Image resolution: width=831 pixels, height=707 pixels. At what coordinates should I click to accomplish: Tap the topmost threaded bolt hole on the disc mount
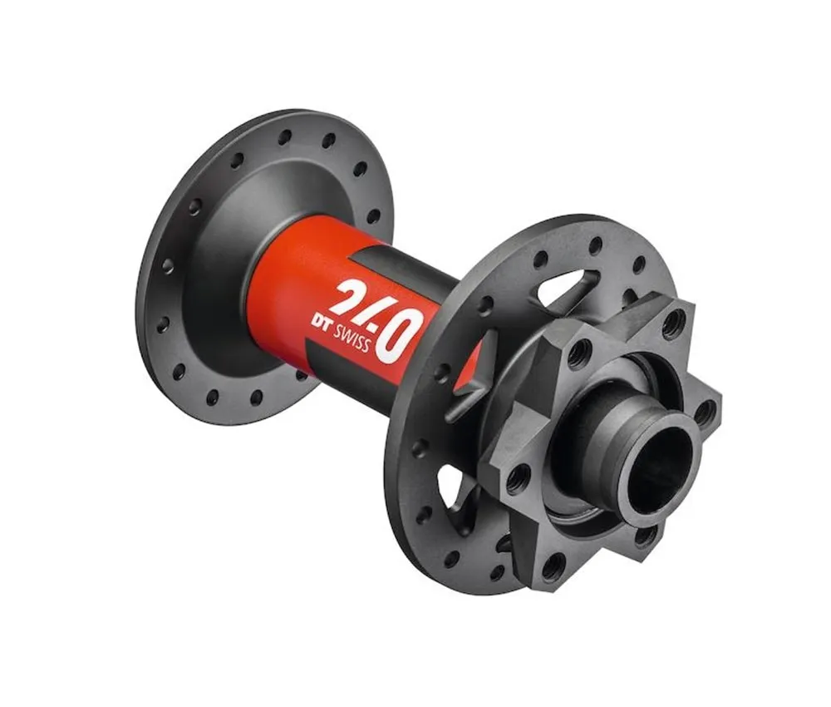coord(673,321)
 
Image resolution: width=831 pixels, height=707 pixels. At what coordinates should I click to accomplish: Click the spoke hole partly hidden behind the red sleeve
coord(301,374)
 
